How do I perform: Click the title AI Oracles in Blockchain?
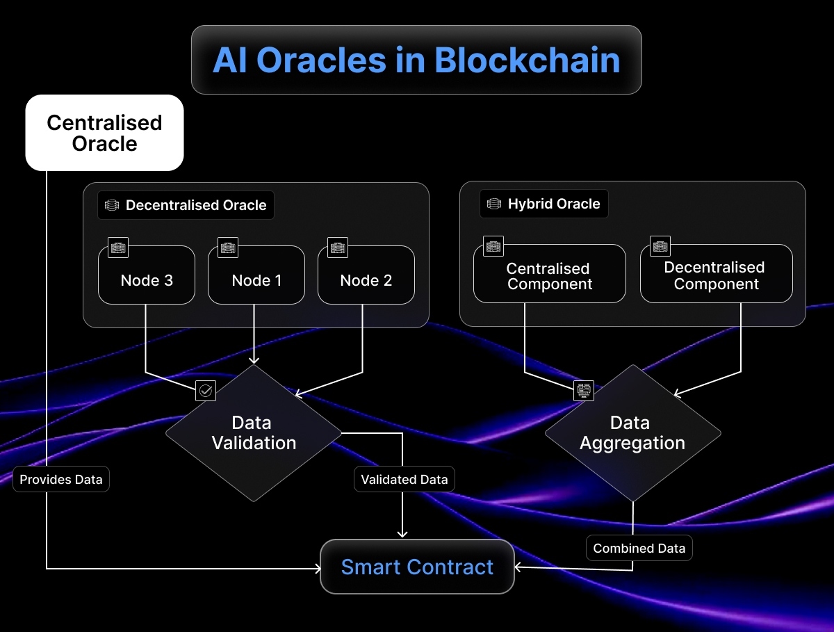pos(416,60)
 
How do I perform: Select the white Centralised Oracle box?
pos(104,133)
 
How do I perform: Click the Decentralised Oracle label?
pos(186,206)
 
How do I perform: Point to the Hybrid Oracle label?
pos(544,204)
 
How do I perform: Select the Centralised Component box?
pos(549,275)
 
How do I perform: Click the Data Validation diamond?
pos(254,432)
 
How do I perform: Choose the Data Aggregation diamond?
pos(632,432)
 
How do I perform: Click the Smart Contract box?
pos(417,567)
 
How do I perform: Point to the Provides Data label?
pos(61,479)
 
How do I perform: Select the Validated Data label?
pos(404,479)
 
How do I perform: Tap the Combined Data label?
pos(639,548)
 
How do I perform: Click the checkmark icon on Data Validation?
pos(206,391)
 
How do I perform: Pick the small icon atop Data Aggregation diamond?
pos(584,391)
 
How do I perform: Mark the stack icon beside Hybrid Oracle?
pos(494,204)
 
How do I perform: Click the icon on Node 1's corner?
pos(228,247)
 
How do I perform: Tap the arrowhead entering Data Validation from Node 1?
pos(254,359)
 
